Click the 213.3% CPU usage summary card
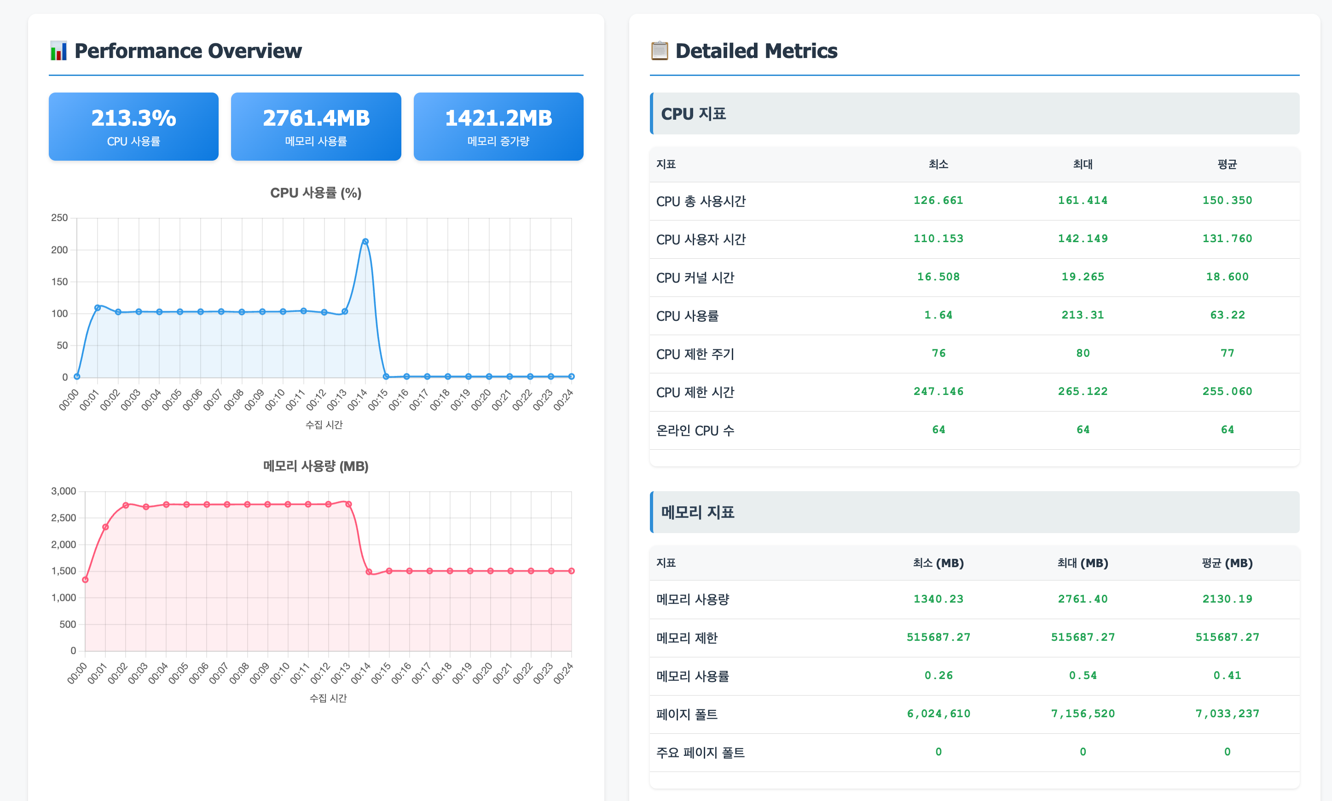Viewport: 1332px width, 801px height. (x=133, y=126)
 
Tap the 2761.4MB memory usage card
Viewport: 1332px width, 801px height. (x=316, y=126)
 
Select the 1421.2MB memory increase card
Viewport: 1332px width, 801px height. (x=498, y=126)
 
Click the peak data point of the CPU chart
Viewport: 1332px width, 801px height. (x=365, y=241)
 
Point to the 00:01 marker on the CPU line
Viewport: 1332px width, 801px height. (x=98, y=308)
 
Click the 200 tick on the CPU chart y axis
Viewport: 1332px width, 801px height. (x=59, y=250)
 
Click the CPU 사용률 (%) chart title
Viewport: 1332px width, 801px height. (x=316, y=193)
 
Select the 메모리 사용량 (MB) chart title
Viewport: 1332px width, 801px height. (x=316, y=466)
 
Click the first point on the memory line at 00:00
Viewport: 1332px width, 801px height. (x=85, y=580)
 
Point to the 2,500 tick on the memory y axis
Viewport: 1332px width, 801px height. (x=64, y=517)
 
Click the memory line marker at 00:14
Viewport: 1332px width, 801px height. (x=369, y=572)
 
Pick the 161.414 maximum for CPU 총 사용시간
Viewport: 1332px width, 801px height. (x=1082, y=200)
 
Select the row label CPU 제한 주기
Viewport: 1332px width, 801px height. (x=695, y=354)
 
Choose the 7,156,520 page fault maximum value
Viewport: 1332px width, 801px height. (x=1082, y=714)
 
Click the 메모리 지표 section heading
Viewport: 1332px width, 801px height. (x=698, y=512)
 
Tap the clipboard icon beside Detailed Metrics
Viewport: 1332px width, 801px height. (x=659, y=51)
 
